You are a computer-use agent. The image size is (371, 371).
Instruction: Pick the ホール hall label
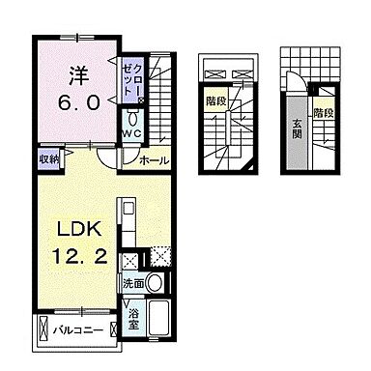pos(154,160)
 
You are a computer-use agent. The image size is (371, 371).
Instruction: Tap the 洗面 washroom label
pos(134,285)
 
